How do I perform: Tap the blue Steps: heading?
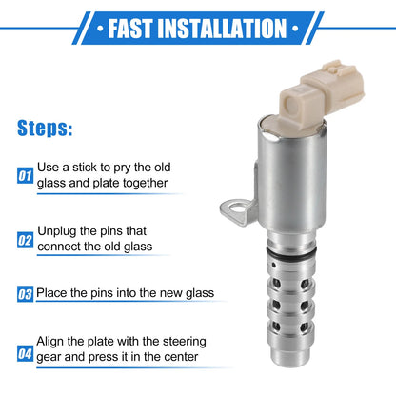pyautogui.click(x=45, y=129)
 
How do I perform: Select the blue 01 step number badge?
pyautogui.click(x=25, y=175)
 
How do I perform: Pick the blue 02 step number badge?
pyautogui.click(x=25, y=240)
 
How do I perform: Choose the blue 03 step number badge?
pyautogui.click(x=25, y=294)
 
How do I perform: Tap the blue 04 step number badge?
pyautogui.click(x=25, y=354)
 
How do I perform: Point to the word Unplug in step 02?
pyautogui.click(x=57, y=231)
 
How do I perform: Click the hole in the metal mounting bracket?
pyautogui.click(x=237, y=208)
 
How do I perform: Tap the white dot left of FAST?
pyautogui.click(x=100, y=29)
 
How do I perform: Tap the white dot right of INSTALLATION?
pyautogui.click(x=295, y=29)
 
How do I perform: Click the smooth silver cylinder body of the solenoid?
pyautogui.click(x=292, y=178)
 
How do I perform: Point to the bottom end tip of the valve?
pyautogui.click(x=289, y=365)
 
